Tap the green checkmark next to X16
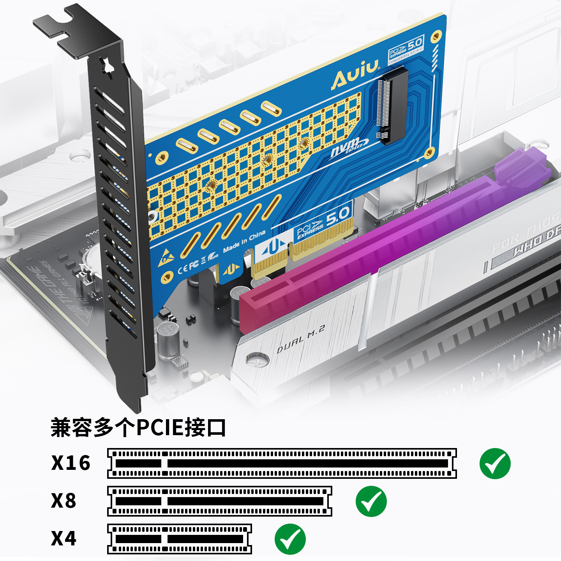coord(495,463)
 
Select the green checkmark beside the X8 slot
coord(371,501)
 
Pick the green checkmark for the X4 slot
coord(290,539)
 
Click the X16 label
coord(71,463)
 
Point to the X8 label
coord(64,501)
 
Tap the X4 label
coord(64,538)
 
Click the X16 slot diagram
coord(282,463)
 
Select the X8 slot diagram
coord(219,501)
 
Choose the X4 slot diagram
coord(179,539)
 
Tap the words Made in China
coord(244,241)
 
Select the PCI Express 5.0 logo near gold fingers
coord(323,222)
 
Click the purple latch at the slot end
coord(522,166)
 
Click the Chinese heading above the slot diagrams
coord(138,427)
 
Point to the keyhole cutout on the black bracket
coord(107,66)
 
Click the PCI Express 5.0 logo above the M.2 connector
coord(406,49)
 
